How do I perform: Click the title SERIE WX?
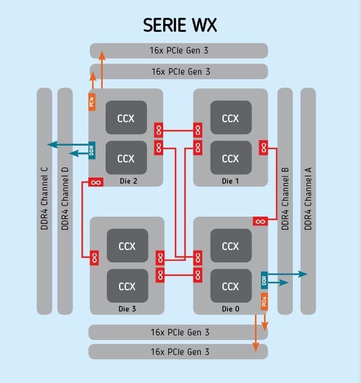[x=180, y=26]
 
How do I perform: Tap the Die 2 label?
[x=128, y=180]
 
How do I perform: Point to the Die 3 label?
[x=128, y=308]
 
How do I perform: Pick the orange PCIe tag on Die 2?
[x=92, y=102]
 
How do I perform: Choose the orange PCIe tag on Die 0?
[x=263, y=302]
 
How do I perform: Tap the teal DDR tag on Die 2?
[x=92, y=150]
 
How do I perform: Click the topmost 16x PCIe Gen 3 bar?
[x=179, y=51]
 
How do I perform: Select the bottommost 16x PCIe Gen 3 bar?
[x=179, y=352]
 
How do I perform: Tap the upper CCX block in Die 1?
[x=230, y=118]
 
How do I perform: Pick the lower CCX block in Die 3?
[x=127, y=286]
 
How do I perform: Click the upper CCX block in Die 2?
[x=126, y=118]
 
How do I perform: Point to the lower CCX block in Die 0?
[x=230, y=286]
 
